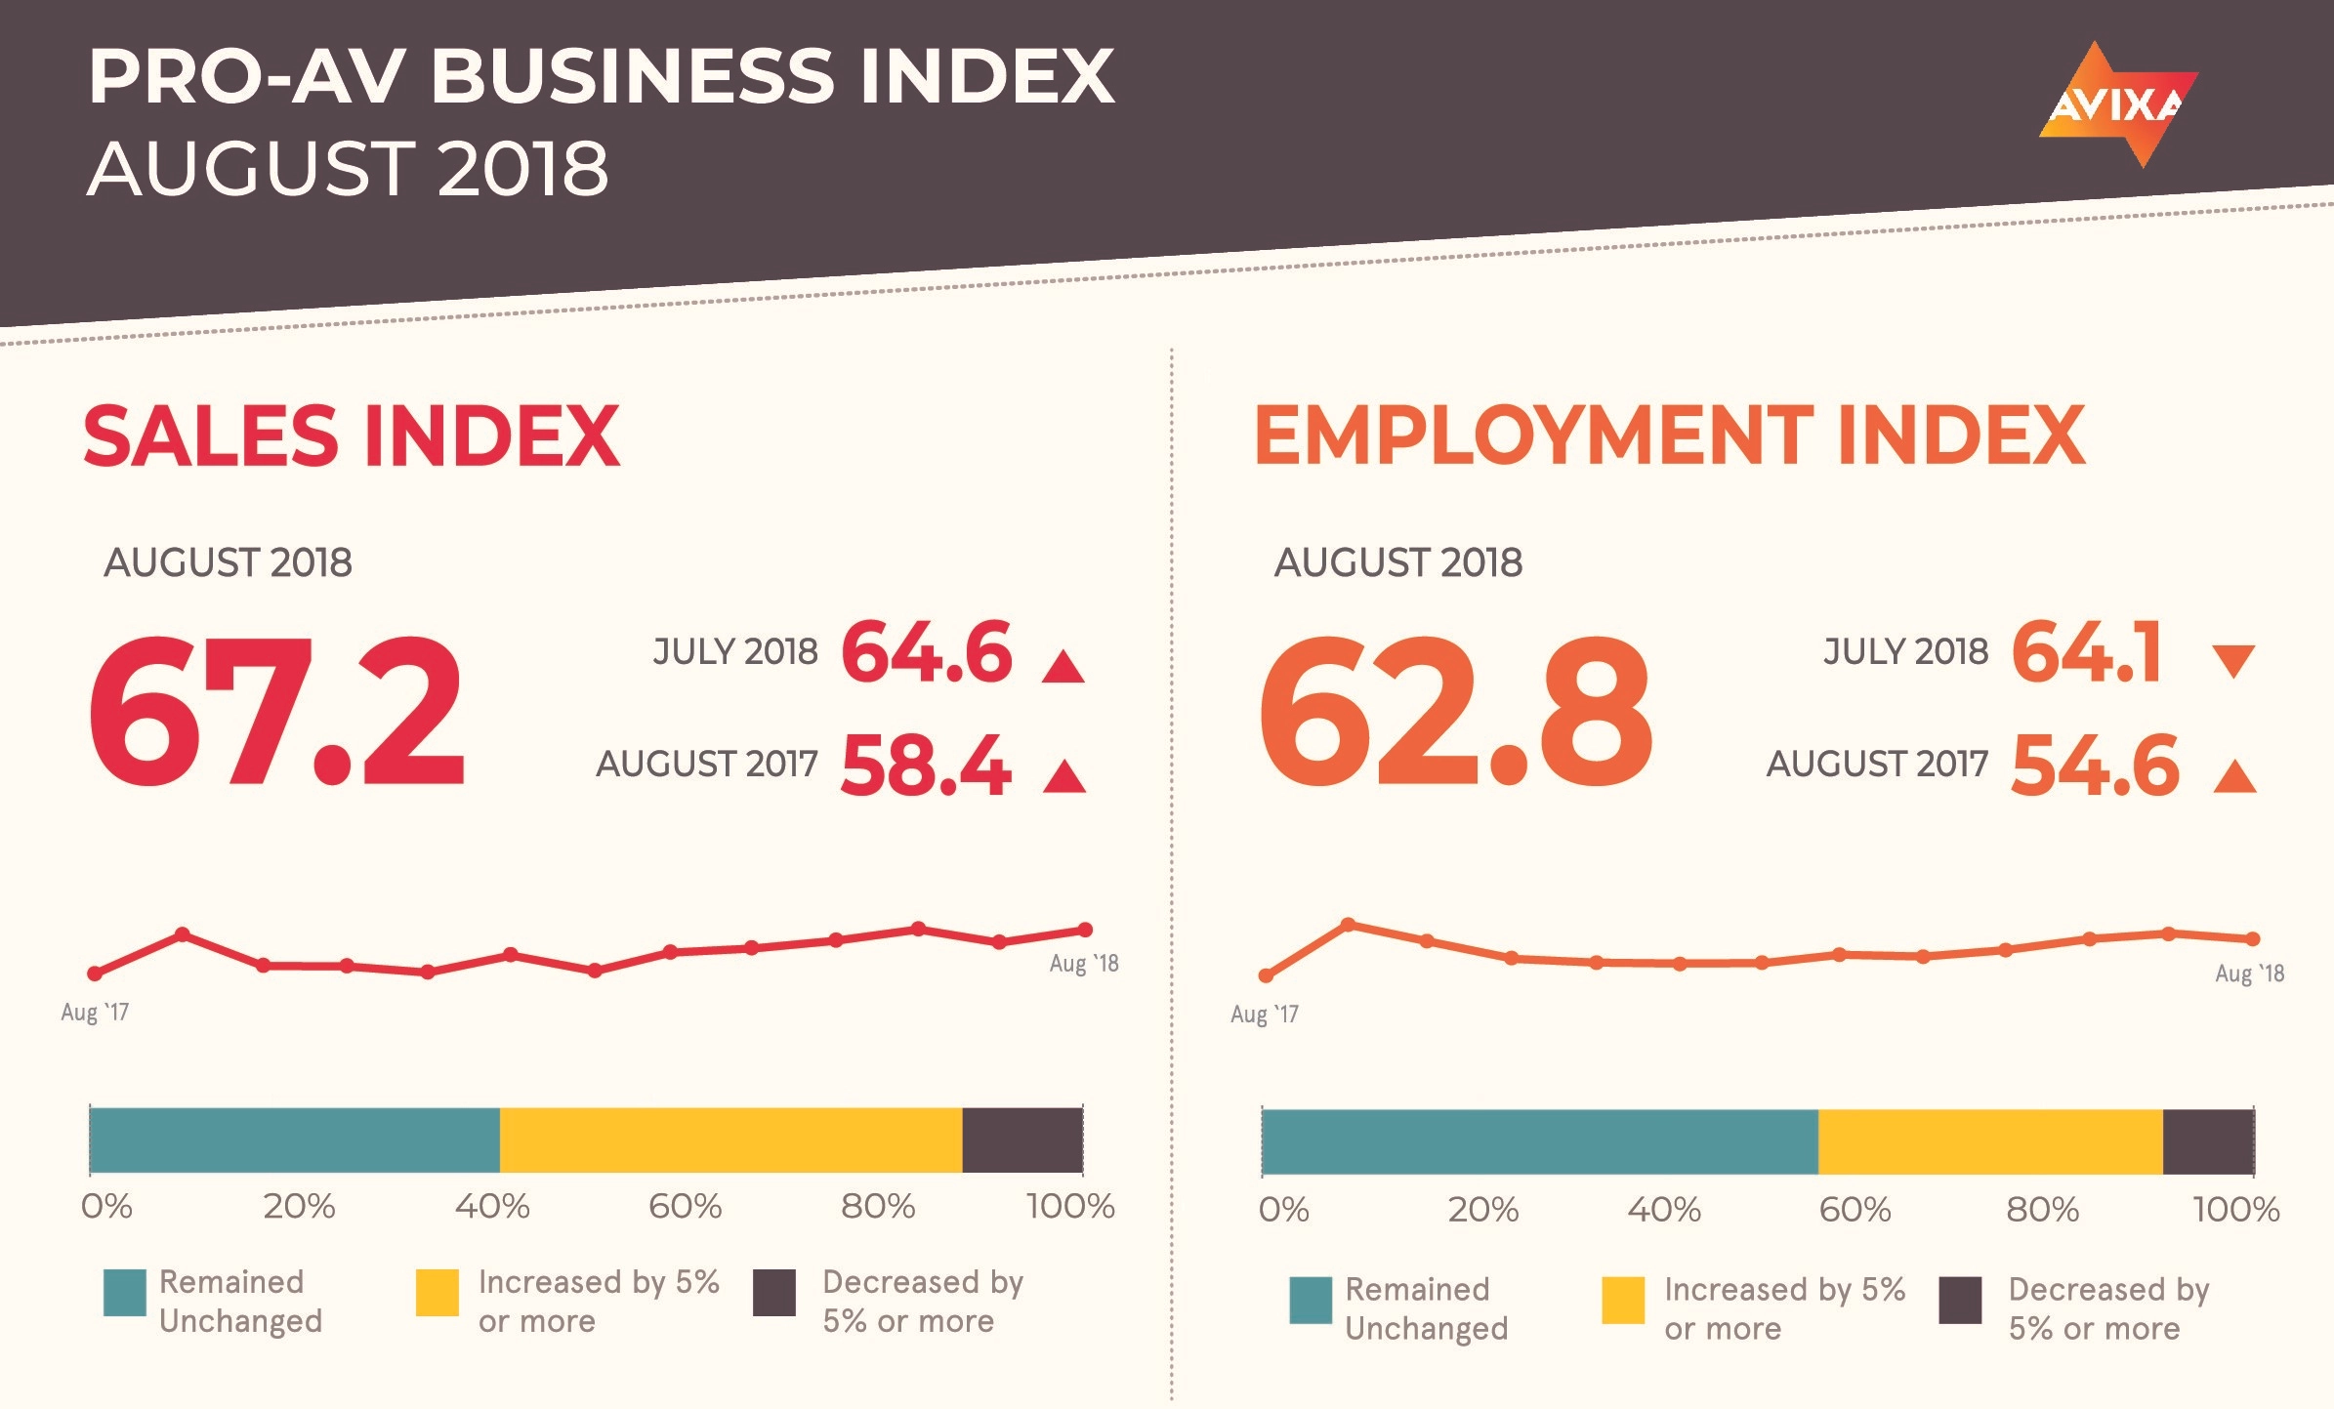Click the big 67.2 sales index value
point(276,712)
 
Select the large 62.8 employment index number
point(1454,712)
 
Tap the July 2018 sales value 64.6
point(926,652)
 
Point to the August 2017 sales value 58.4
point(925,766)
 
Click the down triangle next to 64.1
point(2233,660)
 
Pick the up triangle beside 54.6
point(2234,777)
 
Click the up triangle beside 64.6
point(1063,667)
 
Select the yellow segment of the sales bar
point(730,1140)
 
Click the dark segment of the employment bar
point(2208,1141)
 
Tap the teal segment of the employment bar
point(1539,1141)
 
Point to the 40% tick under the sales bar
point(492,1207)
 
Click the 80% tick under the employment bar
point(2042,1211)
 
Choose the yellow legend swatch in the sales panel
point(437,1292)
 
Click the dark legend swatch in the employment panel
point(1959,1300)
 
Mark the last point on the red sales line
point(1085,930)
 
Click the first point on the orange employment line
point(1266,975)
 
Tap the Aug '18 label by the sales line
point(1084,964)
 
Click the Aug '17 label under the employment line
point(1265,1015)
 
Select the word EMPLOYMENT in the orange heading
point(1533,435)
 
